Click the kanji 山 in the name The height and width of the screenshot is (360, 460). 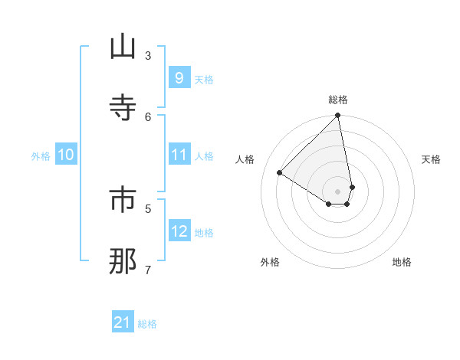coord(123,48)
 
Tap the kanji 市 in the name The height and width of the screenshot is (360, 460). coord(123,201)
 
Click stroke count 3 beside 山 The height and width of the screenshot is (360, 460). coord(148,55)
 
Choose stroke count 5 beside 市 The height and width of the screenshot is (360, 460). coord(148,208)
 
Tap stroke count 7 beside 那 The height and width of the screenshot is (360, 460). coord(148,269)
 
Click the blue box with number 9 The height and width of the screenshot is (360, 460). coord(179,77)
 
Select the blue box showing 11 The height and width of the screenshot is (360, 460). coord(179,155)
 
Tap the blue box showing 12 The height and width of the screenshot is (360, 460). coord(179,231)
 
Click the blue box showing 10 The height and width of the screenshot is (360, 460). coord(65,155)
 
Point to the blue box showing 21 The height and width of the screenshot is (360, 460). coord(123,322)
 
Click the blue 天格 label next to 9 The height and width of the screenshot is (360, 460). coord(203,80)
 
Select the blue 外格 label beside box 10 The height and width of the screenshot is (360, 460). coord(41,156)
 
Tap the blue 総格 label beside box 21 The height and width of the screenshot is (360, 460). coord(147,324)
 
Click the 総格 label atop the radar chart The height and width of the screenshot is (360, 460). coord(338,100)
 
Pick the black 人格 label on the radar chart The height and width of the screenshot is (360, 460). coord(245,159)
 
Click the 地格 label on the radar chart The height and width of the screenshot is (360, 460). coord(402,262)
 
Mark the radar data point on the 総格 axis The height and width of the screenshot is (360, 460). coord(338,116)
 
